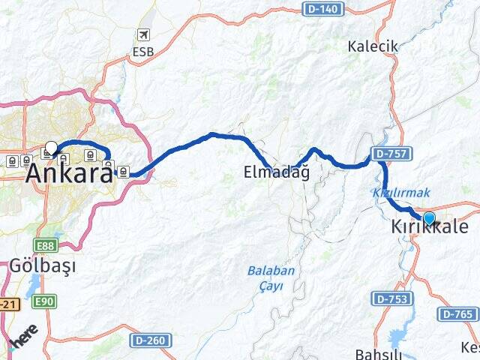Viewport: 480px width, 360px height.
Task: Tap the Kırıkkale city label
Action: coord(429,227)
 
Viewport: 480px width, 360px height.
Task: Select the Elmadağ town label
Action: coord(277,172)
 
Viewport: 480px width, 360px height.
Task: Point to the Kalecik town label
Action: coord(373,46)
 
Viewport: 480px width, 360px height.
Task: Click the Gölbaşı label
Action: coord(43,265)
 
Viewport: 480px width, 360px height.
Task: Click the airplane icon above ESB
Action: coord(143,35)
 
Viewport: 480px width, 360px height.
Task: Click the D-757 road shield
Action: coord(391,154)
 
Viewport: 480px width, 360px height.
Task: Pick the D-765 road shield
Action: coord(456,314)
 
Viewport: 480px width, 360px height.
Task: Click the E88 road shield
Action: coord(44,245)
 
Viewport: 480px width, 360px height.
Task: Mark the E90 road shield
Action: coord(44,301)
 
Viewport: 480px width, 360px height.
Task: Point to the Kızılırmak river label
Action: coord(391,193)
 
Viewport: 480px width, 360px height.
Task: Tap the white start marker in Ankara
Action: coord(51,148)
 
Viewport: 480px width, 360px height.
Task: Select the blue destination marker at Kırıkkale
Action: coord(429,218)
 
